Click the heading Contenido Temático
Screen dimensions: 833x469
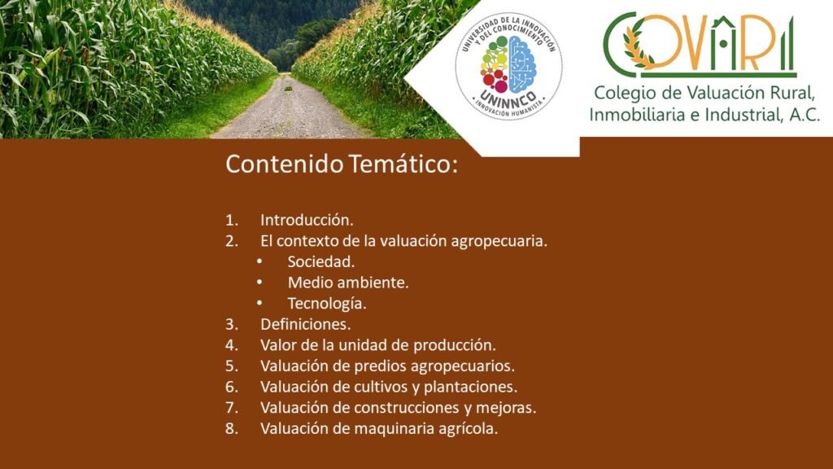click(341, 164)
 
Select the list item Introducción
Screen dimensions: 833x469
click(307, 220)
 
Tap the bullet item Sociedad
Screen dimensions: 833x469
click(321, 261)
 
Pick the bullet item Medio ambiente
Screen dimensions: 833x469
click(348, 283)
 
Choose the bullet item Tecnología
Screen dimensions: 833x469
click(327, 304)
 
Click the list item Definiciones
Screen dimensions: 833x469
click(306, 324)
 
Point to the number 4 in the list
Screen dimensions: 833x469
click(231, 345)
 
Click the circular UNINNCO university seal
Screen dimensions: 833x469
click(508, 66)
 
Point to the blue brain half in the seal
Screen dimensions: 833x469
click(522, 64)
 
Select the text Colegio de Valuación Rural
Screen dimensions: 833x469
click(704, 93)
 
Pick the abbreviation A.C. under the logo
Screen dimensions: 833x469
click(805, 114)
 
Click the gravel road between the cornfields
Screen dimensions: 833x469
click(290, 111)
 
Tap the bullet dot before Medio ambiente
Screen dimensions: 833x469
click(259, 283)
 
